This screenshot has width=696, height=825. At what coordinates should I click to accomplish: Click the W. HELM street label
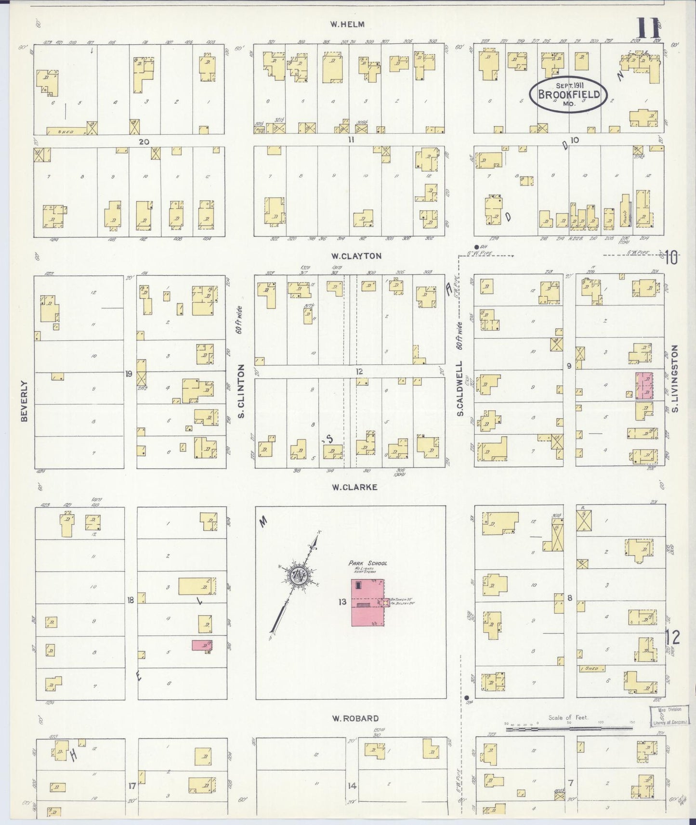(x=347, y=24)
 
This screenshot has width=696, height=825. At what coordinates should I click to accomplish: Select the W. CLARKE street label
(x=354, y=487)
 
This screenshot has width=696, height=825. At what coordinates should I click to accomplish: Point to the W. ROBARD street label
(x=355, y=718)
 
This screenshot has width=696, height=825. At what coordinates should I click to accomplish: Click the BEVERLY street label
(x=24, y=400)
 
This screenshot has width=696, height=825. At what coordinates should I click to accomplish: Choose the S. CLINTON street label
(x=242, y=391)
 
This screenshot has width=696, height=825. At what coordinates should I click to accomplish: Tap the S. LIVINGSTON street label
(x=675, y=378)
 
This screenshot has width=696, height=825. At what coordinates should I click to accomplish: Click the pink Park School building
(x=368, y=603)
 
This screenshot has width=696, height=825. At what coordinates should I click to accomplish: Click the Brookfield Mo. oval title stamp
(x=568, y=94)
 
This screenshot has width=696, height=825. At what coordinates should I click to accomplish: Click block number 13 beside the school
(x=342, y=602)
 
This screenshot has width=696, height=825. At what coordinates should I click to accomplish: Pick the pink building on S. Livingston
(x=644, y=386)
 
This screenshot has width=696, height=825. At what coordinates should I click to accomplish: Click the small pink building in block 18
(x=202, y=645)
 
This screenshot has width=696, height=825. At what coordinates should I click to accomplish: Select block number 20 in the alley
(x=143, y=142)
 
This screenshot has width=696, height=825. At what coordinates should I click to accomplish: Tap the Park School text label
(x=368, y=563)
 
